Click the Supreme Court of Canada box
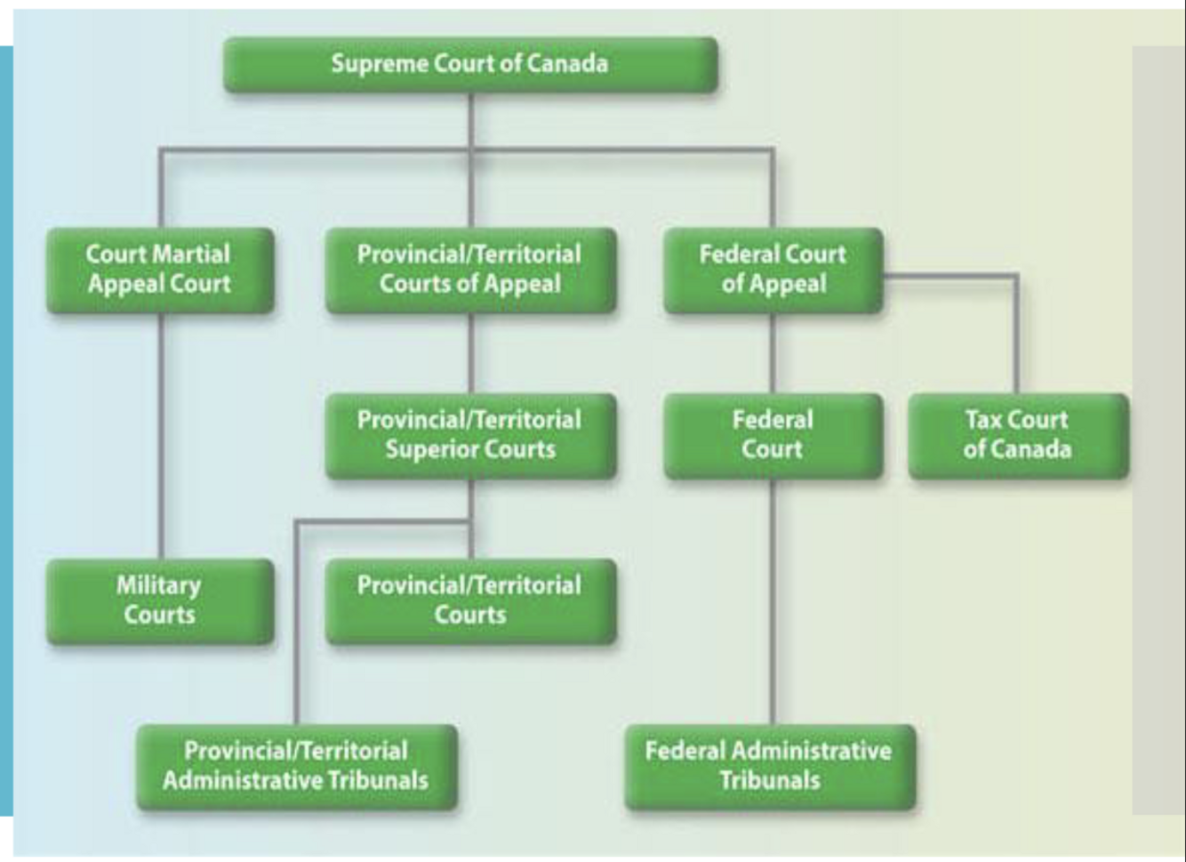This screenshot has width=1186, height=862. click(x=470, y=64)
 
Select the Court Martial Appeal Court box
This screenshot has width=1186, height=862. click(x=160, y=270)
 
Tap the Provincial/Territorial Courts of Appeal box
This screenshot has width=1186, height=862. click(x=470, y=270)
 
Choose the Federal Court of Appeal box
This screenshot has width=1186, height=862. click(x=773, y=270)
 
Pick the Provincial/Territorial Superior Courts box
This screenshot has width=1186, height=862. click(x=470, y=435)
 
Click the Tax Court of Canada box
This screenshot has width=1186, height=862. click(x=1018, y=435)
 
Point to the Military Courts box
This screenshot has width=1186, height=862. click(x=160, y=600)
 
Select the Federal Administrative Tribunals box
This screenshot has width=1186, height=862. click(x=770, y=766)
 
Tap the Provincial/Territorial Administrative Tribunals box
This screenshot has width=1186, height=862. click(x=296, y=766)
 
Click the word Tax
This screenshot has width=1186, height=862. click(x=982, y=420)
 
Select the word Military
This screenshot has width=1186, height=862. click(x=159, y=585)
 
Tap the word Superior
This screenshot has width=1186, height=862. click(x=425, y=449)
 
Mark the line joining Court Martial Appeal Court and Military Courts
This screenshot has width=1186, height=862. click(x=161, y=436)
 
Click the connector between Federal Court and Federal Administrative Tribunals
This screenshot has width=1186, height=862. click(x=772, y=605)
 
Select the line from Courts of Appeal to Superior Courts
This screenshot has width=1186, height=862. click(x=470, y=353)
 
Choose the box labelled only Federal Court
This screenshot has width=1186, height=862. click(x=773, y=435)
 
